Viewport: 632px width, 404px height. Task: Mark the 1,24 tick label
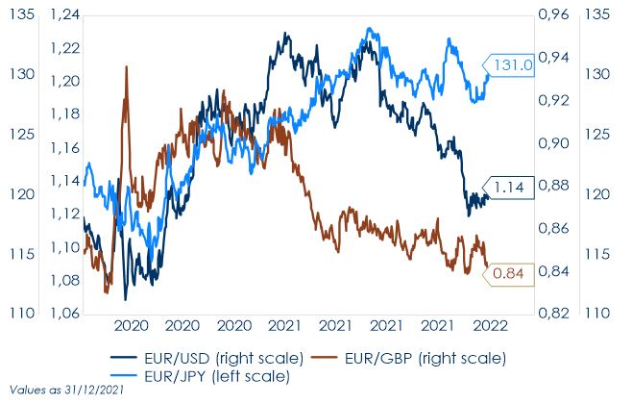65,15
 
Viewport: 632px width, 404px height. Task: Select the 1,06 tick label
65,313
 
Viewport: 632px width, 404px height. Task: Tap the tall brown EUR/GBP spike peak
126,66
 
